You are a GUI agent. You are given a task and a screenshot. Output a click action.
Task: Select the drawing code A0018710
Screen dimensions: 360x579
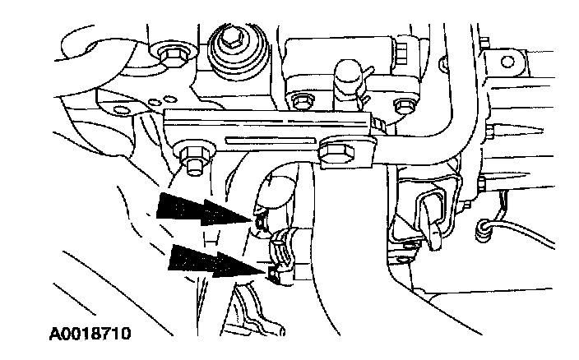pyautogui.click(x=82, y=335)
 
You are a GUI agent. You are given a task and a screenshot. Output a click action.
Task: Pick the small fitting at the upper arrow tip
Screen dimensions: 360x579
pyautogui.click(x=262, y=220)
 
